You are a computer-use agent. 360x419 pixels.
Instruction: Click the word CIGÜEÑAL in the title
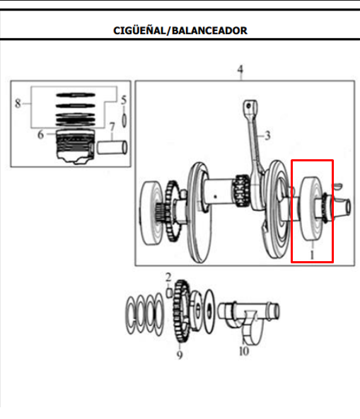[139, 30]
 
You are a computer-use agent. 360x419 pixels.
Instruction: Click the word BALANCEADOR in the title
[209, 30]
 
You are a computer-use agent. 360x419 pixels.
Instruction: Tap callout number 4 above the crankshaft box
[240, 69]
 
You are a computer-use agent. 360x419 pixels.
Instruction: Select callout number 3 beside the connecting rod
[267, 135]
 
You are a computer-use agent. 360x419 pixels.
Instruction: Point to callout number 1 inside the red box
[312, 254]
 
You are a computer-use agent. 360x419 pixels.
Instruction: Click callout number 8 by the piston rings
[18, 103]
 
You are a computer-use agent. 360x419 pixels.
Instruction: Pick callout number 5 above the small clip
[124, 100]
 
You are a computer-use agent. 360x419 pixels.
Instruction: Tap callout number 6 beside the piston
[40, 134]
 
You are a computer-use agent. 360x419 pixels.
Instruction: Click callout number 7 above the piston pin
[112, 127]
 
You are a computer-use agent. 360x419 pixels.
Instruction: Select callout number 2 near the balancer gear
[168, 277]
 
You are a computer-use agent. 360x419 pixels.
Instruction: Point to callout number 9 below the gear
[180, 355]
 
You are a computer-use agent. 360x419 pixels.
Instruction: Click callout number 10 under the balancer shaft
[244, 351]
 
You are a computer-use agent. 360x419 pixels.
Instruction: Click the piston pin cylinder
[112, 147]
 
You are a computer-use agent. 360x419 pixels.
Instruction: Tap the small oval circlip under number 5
[124, 120]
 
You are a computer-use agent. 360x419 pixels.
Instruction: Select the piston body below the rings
[75, 147]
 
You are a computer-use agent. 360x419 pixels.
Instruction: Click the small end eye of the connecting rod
[250, 106]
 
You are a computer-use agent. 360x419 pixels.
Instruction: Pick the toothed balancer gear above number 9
[181, 312]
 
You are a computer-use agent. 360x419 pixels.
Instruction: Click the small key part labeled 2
[168, 293]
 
